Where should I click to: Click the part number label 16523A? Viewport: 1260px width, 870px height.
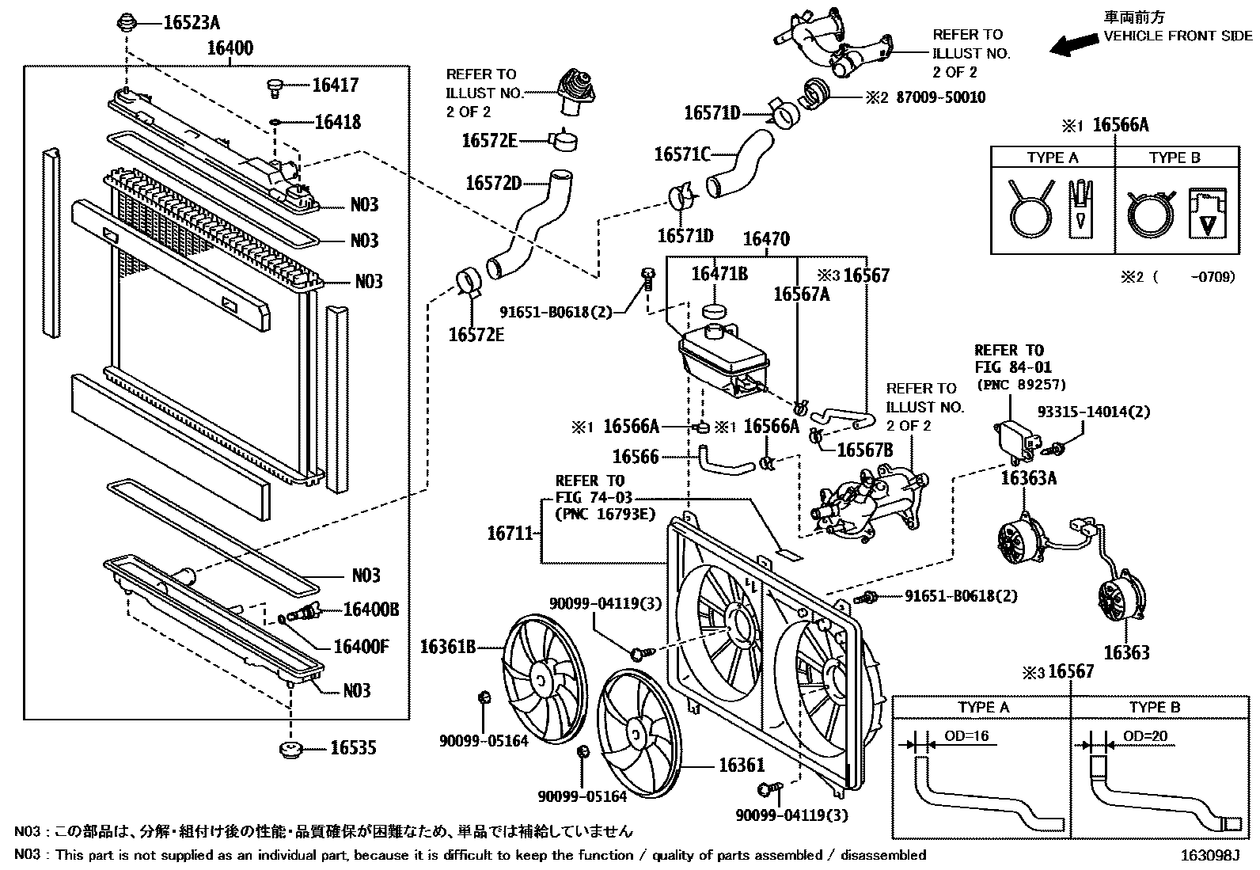pos(191,23)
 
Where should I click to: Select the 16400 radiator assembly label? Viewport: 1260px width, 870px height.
pos(230,48)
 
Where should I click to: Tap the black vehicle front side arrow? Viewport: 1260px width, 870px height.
pos(1073,44)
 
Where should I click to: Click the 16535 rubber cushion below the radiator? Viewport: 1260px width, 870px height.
pos(293,748)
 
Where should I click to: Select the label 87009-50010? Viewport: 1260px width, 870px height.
pos(936,97)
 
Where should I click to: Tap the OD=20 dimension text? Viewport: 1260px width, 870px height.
pos(1145,736)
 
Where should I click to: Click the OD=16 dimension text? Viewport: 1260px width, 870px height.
pos(966,736)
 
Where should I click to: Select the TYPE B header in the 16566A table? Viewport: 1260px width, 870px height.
pos(1174,158)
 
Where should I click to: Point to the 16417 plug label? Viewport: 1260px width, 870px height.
pos(335,85)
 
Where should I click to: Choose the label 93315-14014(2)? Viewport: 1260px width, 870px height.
pos(1094,412)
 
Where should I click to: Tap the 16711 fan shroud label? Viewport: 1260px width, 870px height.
pos(510,534)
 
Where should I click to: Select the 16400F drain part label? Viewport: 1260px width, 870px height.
pos(361,646)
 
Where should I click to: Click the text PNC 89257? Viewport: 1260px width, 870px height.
pos(1022,386)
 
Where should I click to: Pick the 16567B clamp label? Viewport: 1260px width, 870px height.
pos(864,450)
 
